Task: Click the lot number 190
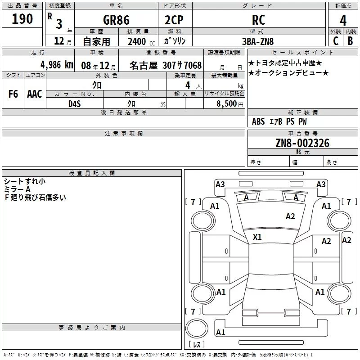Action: point(22,19)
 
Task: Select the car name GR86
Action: point(116,20)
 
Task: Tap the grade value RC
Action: point(258,20)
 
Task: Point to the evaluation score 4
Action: point(343,21)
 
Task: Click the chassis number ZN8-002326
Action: point(302,144)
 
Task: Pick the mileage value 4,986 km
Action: point(56,64)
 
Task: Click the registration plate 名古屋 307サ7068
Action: point(165,65)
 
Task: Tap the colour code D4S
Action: point(74,103)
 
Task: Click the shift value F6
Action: point(13,94)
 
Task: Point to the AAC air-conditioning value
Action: point(35,94)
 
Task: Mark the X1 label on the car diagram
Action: point(257,237)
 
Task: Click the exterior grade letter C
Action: point(335,41)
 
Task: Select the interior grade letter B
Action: point(350,41)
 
